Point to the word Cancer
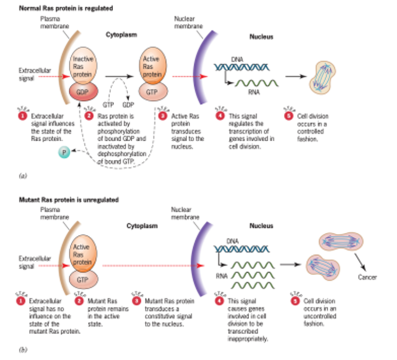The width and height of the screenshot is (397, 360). coord(367,277)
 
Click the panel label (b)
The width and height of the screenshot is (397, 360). coord(22,348)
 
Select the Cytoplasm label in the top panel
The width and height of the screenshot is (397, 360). coord(121,35)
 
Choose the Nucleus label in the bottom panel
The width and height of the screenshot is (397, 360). coord(261,226)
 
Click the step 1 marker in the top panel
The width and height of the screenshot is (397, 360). coord(22,117)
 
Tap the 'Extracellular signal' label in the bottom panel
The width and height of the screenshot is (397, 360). coord(29,263)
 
